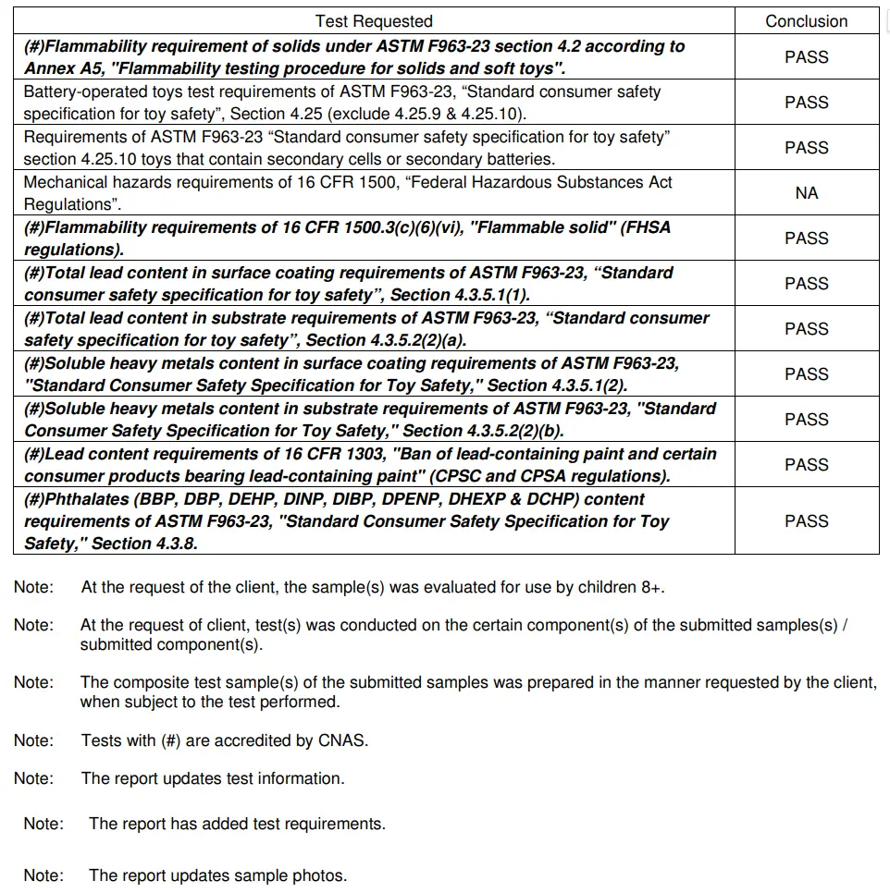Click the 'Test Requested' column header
(374, 21)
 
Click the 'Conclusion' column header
(806, 21)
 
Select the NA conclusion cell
(806, 193)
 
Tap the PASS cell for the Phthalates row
(806, 521)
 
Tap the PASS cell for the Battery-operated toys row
(806, 103)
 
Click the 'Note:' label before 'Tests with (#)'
(33, 740)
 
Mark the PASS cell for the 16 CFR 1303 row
(806, 465)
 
